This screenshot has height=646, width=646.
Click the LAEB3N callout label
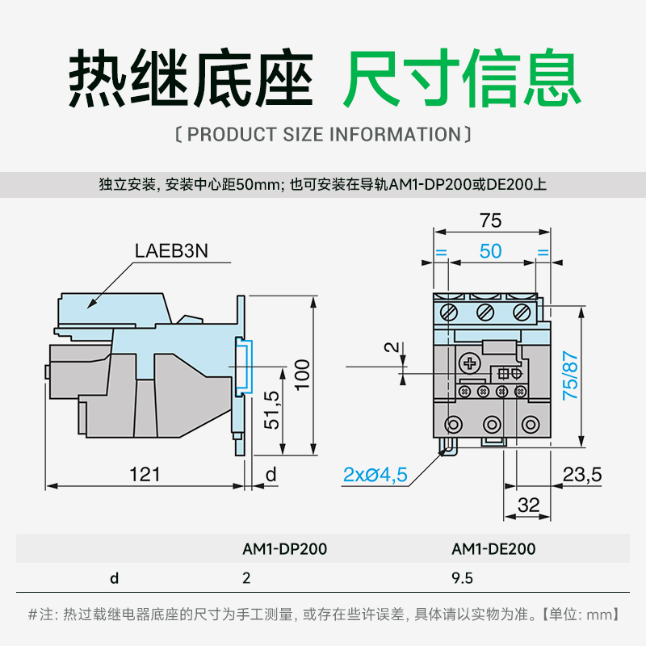(171, 251)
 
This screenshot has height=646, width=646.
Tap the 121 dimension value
(145, 475)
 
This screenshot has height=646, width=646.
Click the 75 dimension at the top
(491, 220)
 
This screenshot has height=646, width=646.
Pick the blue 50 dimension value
(491, 251)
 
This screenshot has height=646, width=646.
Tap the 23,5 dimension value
(582, 475)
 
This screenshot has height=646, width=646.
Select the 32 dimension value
(528, 505)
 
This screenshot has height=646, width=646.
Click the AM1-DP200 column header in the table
(285, 549)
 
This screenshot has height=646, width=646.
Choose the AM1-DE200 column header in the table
(493, 549)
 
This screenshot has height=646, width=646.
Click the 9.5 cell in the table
(462, 578)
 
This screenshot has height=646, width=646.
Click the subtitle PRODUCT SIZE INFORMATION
(324, 134)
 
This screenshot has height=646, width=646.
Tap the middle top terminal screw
(485, 312)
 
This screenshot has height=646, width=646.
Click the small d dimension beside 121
(271, 475)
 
